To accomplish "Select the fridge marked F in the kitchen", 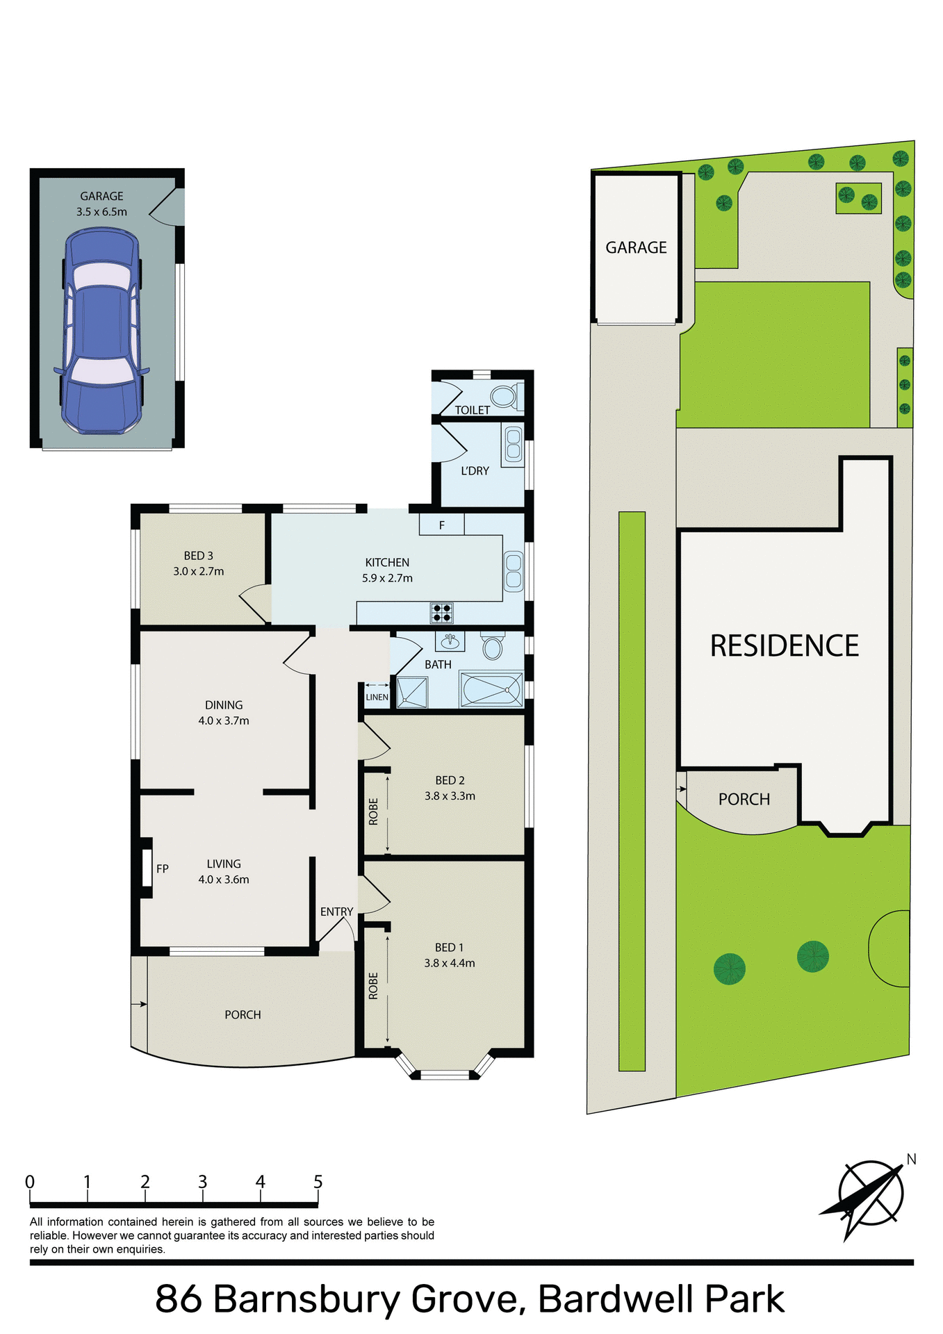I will coord(442,525).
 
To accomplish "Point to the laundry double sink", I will coord(514,444).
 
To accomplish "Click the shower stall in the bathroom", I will coord(412,692).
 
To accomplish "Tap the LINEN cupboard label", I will coord(377,697).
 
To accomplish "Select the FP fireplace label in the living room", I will coord(163,868).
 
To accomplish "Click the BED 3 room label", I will coord(199,556).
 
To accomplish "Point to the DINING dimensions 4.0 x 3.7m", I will coord(224,720).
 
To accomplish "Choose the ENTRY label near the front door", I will coord(337,912).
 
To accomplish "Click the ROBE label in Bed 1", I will coord(373,986).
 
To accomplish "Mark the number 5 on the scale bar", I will coord(318,1182).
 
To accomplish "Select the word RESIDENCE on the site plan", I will coord(784,645).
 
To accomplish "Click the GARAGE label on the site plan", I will coord(636,247).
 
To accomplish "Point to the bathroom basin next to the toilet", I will coord(450,641).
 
